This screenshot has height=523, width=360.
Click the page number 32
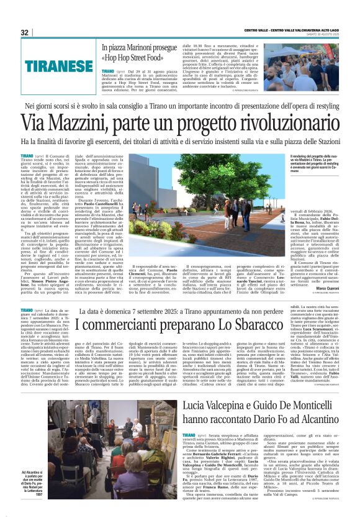point(24,32)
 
